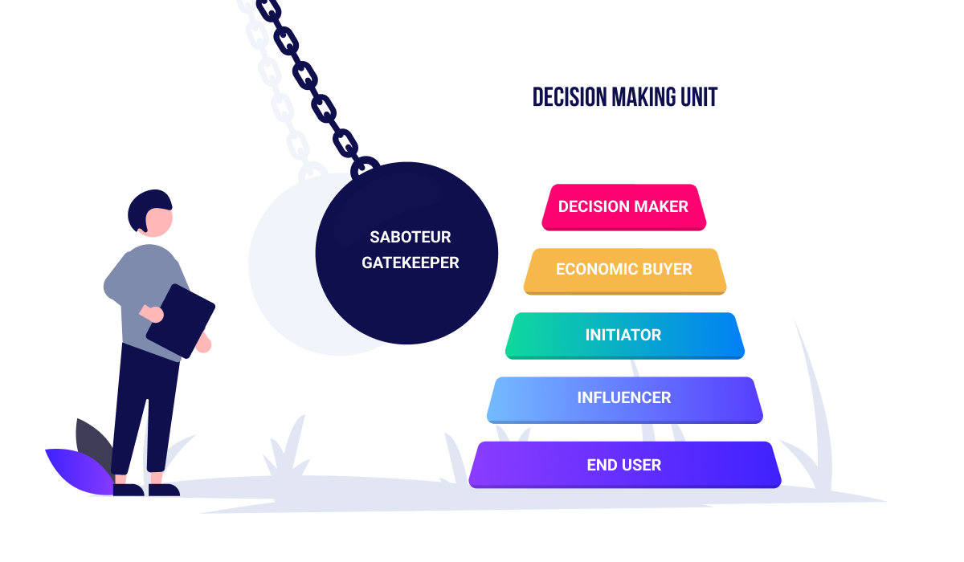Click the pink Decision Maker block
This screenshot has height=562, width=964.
pos(623,207)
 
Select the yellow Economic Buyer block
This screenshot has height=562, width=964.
pos(624,271)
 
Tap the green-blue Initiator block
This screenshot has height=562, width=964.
pos(624,335)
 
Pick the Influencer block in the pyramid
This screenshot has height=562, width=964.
pos(624,398)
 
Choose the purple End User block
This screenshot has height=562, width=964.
pos(624,465)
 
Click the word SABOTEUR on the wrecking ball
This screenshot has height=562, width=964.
pos(410,238)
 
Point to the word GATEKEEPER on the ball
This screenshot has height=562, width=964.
pos(410,263)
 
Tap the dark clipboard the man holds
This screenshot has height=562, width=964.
pos(181,320)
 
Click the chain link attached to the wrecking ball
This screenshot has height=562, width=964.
pos(366,167)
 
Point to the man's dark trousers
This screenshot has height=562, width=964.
pos(145,401)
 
